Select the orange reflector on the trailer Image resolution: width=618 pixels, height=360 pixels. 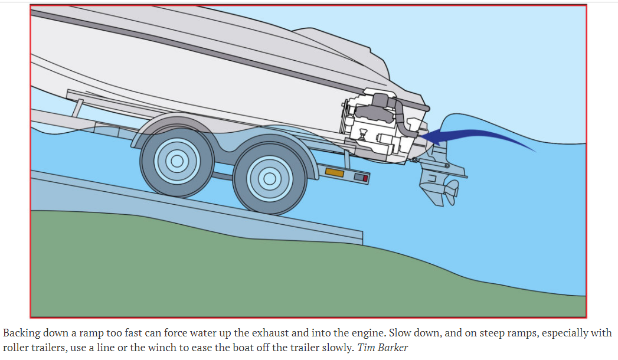coord(335,172)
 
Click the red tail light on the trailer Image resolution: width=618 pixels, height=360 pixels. coord(365,178)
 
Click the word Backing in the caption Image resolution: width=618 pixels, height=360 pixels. coord(21,333)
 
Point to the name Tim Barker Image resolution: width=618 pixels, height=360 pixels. coord(382,346)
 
